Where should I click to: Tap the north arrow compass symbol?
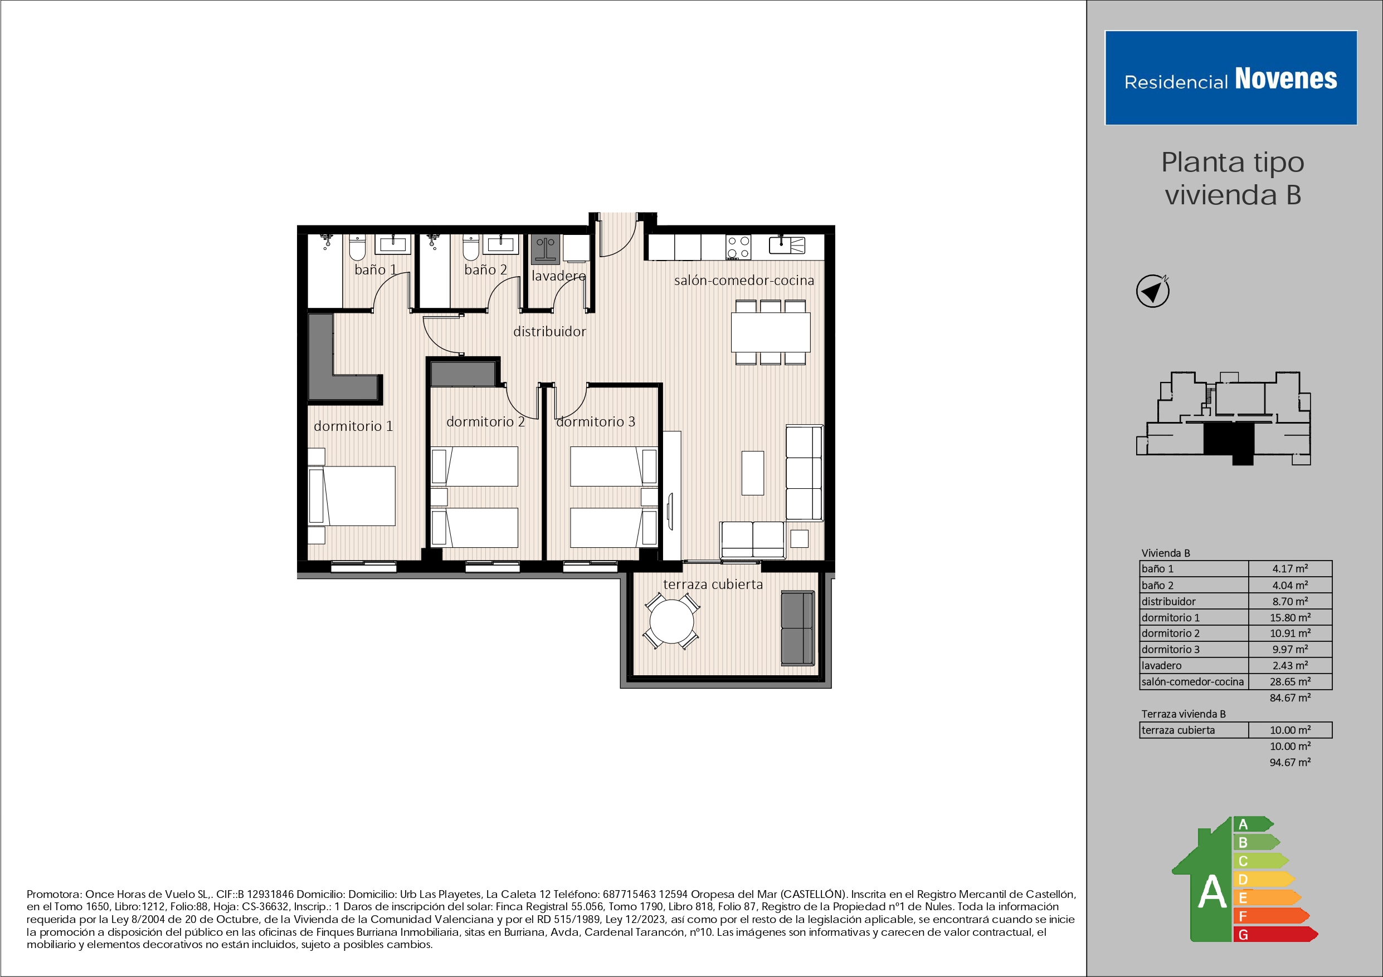point(1152,291)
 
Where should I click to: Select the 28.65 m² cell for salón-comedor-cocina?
point(1289,681)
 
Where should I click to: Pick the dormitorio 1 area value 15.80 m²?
point(1289,617)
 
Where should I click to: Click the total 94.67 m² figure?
point(1289,762)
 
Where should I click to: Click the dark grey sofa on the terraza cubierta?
point(797,628)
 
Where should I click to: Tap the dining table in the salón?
point(771,332)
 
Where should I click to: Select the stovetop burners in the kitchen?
point(738,247)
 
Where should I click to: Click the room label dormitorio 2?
point(485,422)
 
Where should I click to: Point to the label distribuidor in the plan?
point(549,332)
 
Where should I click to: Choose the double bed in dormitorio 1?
point(353,496)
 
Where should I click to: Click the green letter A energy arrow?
point(1251,824)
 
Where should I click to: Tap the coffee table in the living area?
point(752,473)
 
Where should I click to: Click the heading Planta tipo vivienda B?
point(1233,179)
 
